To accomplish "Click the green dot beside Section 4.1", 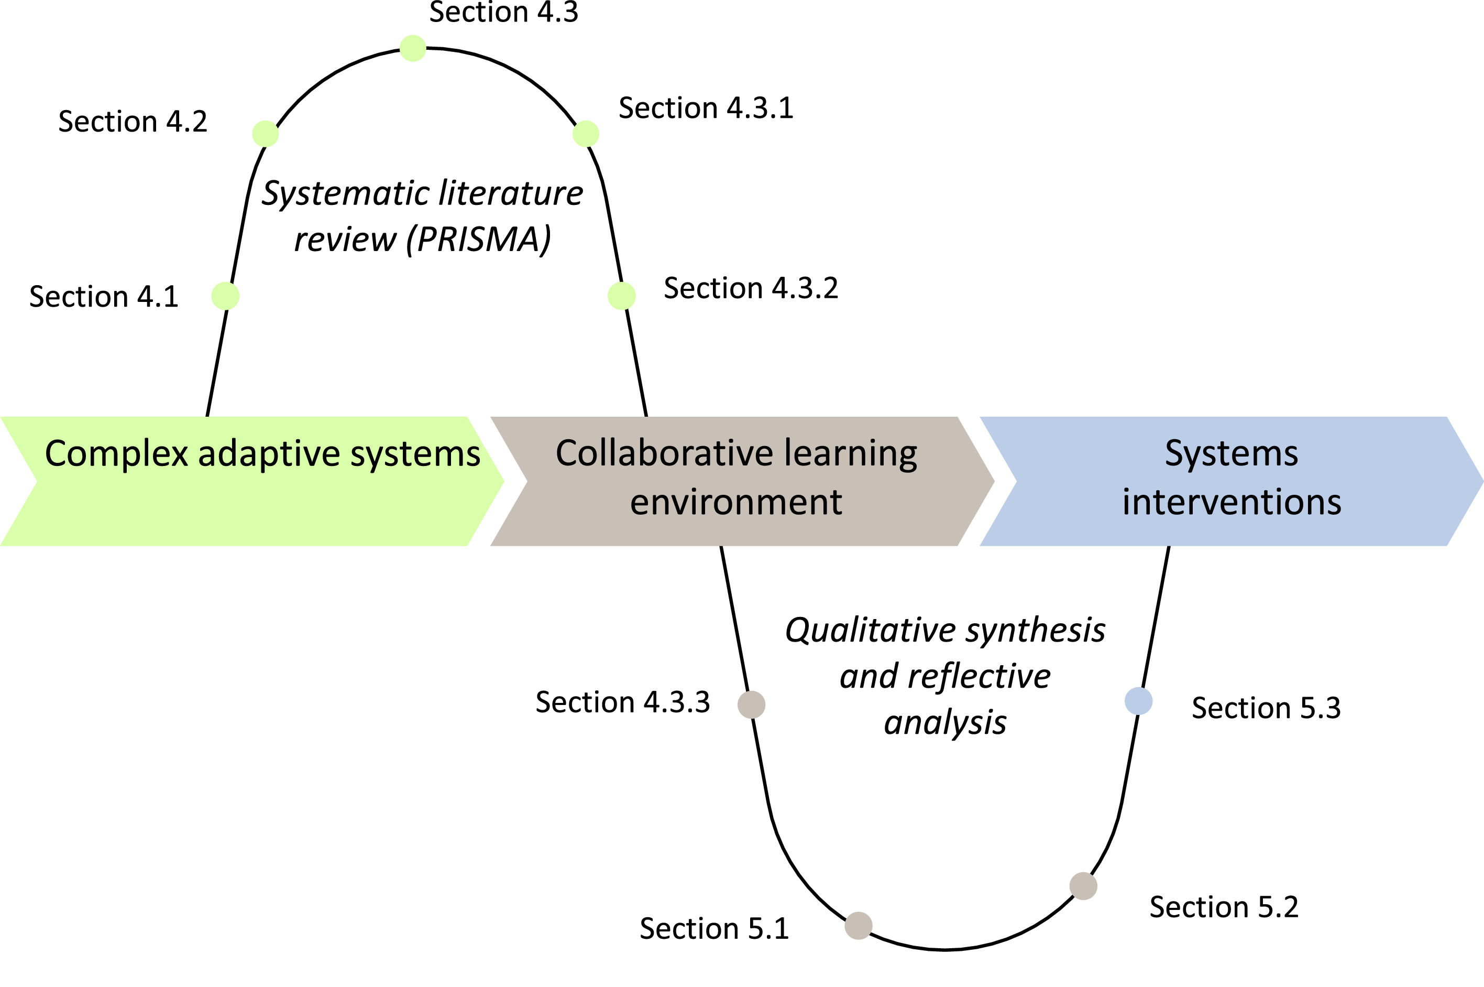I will (225, 296).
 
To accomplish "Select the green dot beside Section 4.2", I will (265, 134).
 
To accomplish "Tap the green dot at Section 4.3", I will (413, 48).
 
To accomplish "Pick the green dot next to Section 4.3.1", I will (586, 134).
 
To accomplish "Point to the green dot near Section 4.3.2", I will (622, 296).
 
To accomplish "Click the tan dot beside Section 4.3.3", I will (751, 704).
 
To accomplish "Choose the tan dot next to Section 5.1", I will (858, 925).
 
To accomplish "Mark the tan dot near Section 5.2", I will (1083, 886).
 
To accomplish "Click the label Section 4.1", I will (104, 297).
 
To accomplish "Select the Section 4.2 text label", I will (133, 122).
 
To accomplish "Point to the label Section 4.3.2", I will (751, 288).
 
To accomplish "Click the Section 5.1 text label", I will (714, 928).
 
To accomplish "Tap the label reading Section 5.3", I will (1266, 708).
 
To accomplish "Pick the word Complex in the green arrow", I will (116, 453).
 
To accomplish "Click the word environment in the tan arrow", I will (736, 502).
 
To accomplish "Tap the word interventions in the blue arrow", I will (1232, 502).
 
